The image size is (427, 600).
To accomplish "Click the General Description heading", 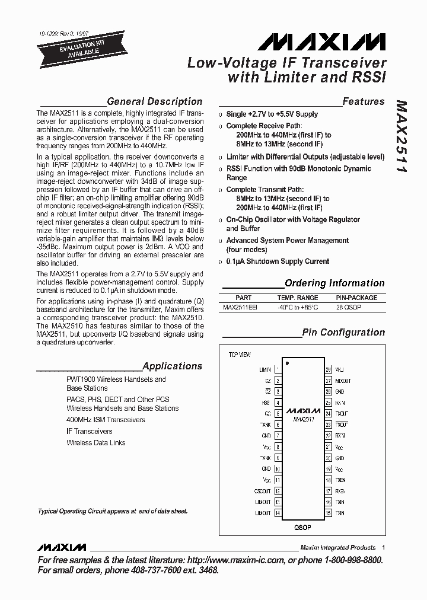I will coord(154,101).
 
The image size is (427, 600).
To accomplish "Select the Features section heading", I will coord(363,101).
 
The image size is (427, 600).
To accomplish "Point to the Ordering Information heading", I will coord(334,283).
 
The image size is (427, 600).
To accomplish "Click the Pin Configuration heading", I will coord(343,332).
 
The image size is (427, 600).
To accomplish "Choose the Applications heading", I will coord(172,366).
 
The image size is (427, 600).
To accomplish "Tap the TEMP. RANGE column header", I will coord(298,298).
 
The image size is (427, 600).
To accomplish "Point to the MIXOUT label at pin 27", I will coord(343,381).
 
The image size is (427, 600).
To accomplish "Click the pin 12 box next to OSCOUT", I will coord(278,491).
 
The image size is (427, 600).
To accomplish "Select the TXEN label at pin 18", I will coord(340,480).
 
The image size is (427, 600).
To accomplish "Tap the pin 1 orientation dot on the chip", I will coord(287,362).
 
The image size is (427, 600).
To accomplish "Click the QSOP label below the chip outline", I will coord(302,526).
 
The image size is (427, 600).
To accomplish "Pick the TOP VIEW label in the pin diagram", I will coord(240,355).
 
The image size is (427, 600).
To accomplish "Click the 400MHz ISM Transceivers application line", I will coord(106,420).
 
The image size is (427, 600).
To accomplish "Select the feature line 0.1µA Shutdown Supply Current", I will coord(278,261).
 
